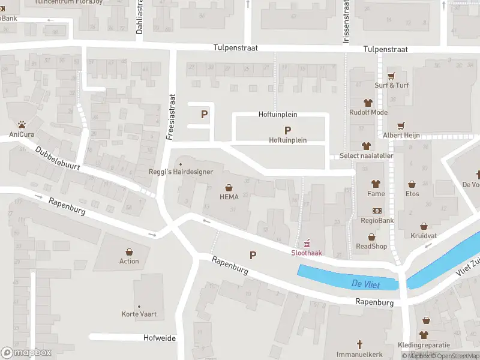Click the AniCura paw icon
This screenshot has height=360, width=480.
coord(22,125)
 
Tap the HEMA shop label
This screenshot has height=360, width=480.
coord(229,197)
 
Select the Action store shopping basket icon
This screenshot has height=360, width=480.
coord(129,252)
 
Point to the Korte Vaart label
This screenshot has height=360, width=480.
coord(139,314)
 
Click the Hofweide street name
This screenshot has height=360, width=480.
coord(160,338)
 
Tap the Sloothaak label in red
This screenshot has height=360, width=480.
coord(307,253)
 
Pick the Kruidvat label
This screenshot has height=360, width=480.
coord(424,235)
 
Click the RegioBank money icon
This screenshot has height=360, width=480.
coord(377,211)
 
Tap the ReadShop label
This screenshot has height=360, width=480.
coord(371,246)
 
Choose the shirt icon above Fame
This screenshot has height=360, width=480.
coord(376,184)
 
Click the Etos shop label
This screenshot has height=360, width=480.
coord(412,194)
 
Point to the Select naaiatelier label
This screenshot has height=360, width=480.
coord(366,155)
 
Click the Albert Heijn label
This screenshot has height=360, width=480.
coord(401,135)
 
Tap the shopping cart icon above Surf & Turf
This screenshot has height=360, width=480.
coord(391,76)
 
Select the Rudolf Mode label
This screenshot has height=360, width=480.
coord(368,112)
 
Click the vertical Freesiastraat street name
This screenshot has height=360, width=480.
coord(171,116)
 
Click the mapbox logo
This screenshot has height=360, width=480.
coord(26,353)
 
